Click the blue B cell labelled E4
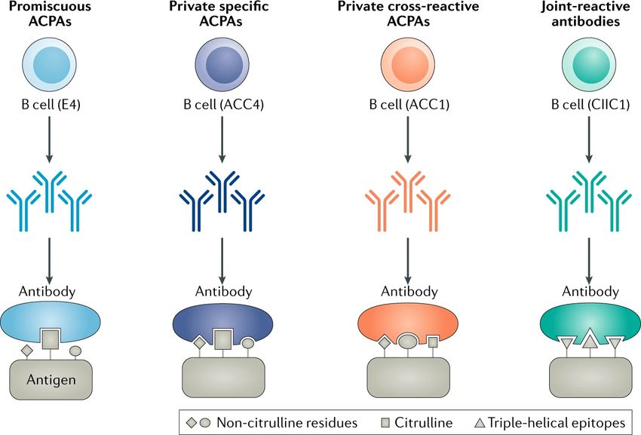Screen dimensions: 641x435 49,65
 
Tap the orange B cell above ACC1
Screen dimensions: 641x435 407,65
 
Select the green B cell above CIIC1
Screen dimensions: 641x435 589,65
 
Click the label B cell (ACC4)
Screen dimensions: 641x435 224,105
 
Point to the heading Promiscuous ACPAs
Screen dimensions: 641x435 50,14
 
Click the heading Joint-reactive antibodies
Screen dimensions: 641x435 585,14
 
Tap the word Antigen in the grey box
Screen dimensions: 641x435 51,380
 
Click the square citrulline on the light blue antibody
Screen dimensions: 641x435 51,339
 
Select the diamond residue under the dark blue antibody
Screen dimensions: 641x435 200,342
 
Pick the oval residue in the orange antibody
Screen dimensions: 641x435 406,341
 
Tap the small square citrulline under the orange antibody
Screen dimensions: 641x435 433,342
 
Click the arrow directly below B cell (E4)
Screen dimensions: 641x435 50,139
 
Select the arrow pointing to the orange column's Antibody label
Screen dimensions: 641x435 407,261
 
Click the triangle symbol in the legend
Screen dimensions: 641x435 480,423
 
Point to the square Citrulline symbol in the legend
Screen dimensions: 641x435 385,423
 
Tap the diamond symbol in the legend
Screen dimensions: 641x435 192,423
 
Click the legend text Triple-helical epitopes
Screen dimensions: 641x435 557,423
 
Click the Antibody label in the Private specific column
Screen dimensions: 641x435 224,292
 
